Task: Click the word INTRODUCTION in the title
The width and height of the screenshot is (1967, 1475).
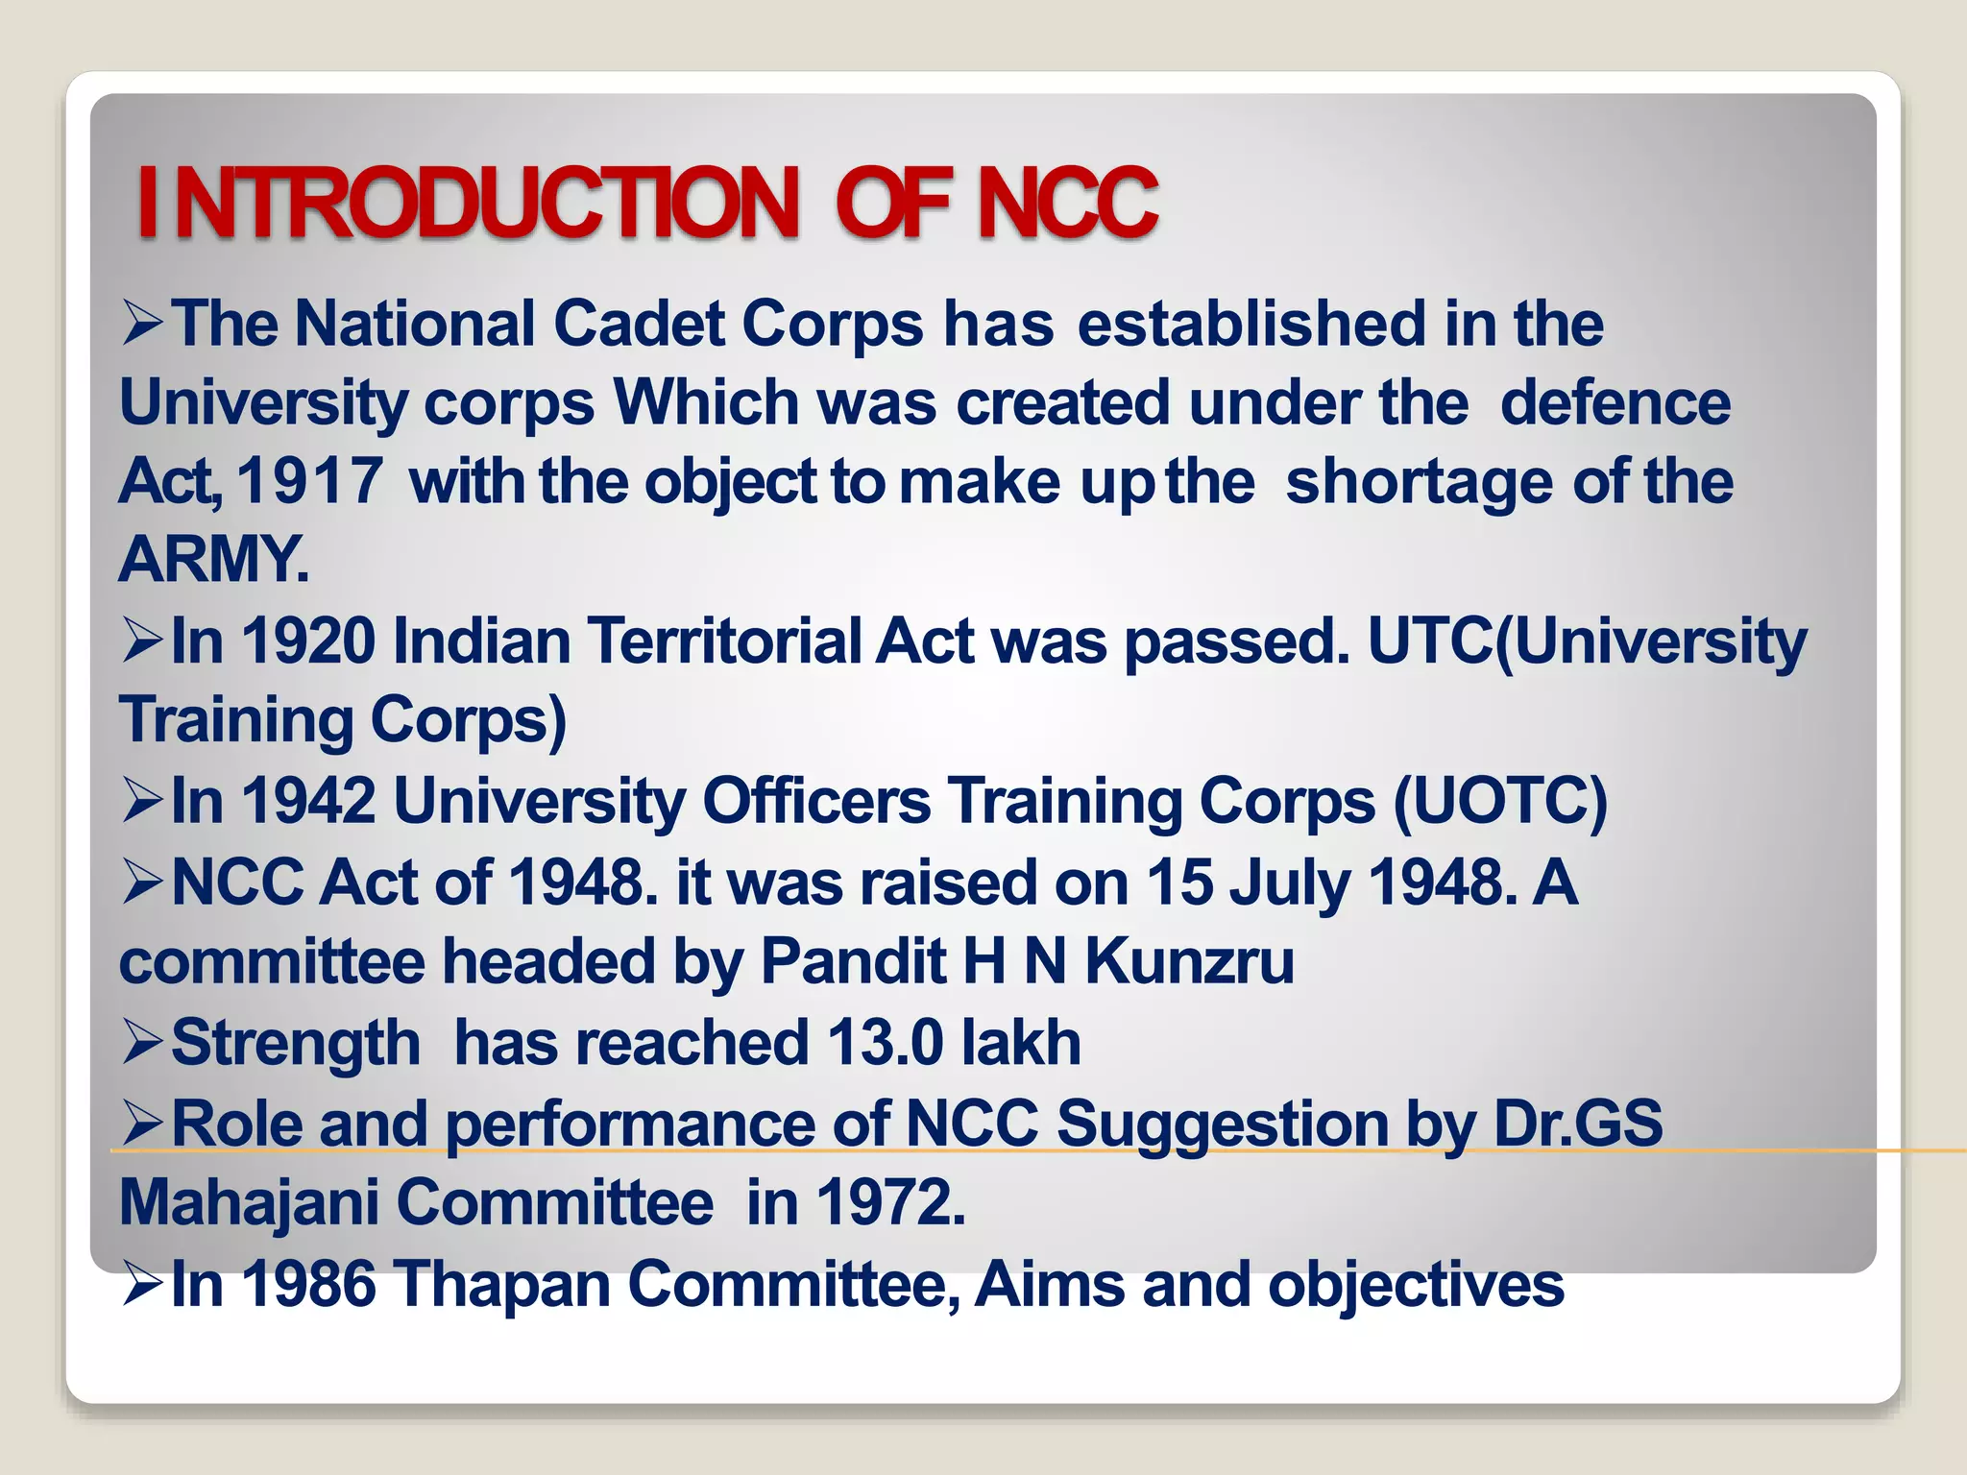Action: click(x=468, y=203)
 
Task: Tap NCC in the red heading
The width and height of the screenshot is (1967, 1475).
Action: click(x=1067, y=203)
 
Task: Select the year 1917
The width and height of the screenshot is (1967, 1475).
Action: click(x=309, y=480)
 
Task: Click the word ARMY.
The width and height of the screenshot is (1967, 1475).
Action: click(x=213, y=559)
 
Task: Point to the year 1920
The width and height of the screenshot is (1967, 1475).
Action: click(x=308, y=641)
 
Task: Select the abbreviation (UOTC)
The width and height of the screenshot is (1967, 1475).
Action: click(x=1499, y=800)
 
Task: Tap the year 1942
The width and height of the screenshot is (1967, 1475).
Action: click(x=308, y=800)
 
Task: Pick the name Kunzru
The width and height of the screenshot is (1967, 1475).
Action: click(x=1189, y=961)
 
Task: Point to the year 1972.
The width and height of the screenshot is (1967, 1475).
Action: click(x=889, y=1202)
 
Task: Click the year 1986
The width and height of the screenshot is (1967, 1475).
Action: click(x=308, y=1284)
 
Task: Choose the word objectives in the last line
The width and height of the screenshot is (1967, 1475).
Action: click(x=1416, y=1284)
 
